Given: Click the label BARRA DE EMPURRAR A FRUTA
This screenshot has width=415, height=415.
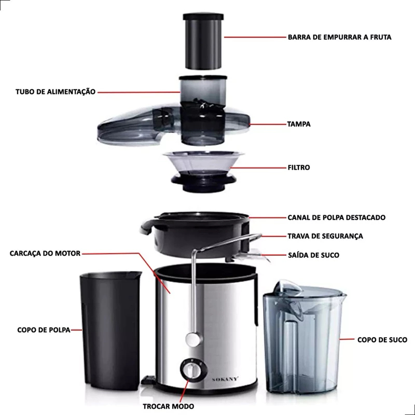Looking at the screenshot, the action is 340,37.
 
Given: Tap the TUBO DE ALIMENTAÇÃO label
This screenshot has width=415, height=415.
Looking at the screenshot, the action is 56,92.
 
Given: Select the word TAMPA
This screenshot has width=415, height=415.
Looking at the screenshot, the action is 299,124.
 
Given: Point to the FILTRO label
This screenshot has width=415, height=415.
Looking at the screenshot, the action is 299,168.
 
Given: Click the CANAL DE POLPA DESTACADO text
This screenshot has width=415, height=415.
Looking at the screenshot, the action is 336,217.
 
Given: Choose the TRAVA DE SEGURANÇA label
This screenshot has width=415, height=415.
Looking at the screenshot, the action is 325,236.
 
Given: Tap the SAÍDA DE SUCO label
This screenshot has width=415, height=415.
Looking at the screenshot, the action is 314,255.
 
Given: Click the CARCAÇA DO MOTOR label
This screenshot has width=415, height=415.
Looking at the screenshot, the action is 45,253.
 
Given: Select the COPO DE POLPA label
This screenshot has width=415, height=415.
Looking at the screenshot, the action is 44,330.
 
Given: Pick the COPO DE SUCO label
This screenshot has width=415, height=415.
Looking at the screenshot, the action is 382,340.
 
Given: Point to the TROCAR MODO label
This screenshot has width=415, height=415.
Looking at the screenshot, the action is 168,406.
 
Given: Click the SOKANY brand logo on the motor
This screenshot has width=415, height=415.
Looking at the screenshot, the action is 225,379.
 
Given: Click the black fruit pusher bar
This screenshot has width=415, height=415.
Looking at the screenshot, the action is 203,41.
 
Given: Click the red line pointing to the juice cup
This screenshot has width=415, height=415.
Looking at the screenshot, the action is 347,339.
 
